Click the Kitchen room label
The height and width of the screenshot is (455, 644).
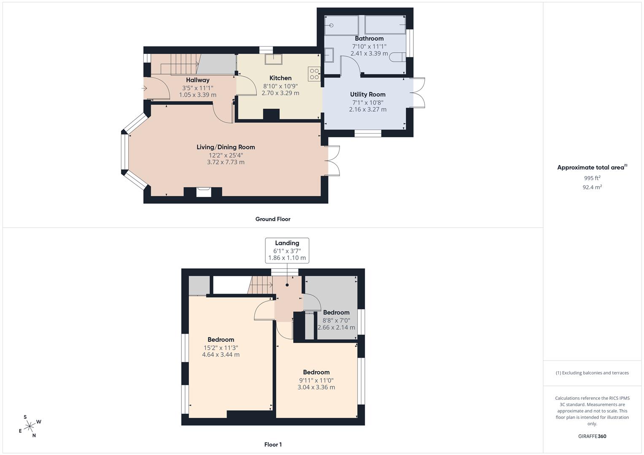tap(280, 78)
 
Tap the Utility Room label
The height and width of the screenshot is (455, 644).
tap(368, 94)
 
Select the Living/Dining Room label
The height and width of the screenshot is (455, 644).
tap(226, 147)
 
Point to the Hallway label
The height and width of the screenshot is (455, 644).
tap(197, 80)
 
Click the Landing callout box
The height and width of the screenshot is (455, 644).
tap(287, 251)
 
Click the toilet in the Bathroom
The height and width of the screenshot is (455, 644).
tap(398, 57)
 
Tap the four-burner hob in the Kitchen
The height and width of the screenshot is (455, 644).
tap(314, 74)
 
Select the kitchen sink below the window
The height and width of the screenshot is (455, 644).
tap(273, 59)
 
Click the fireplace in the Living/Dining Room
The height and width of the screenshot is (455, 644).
tap(204, 192)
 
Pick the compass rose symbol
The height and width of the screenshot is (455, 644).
tap(30, 426)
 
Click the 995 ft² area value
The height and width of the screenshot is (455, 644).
tap(592, 178)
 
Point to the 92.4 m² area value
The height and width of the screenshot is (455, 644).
tap(592, 187)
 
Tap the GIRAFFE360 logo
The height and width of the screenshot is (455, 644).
tap(592, 436)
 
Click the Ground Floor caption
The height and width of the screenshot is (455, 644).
tap(273, 219)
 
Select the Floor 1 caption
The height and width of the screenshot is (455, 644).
tap(273, 444)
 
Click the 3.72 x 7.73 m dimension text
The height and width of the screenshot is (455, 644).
tap(226, 162)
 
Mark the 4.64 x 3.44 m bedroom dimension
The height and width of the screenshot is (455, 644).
tap(221, 354)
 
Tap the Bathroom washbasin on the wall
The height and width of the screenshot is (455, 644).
tap(329, 55)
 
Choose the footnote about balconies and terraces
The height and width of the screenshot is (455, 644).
tap(592, 373)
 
